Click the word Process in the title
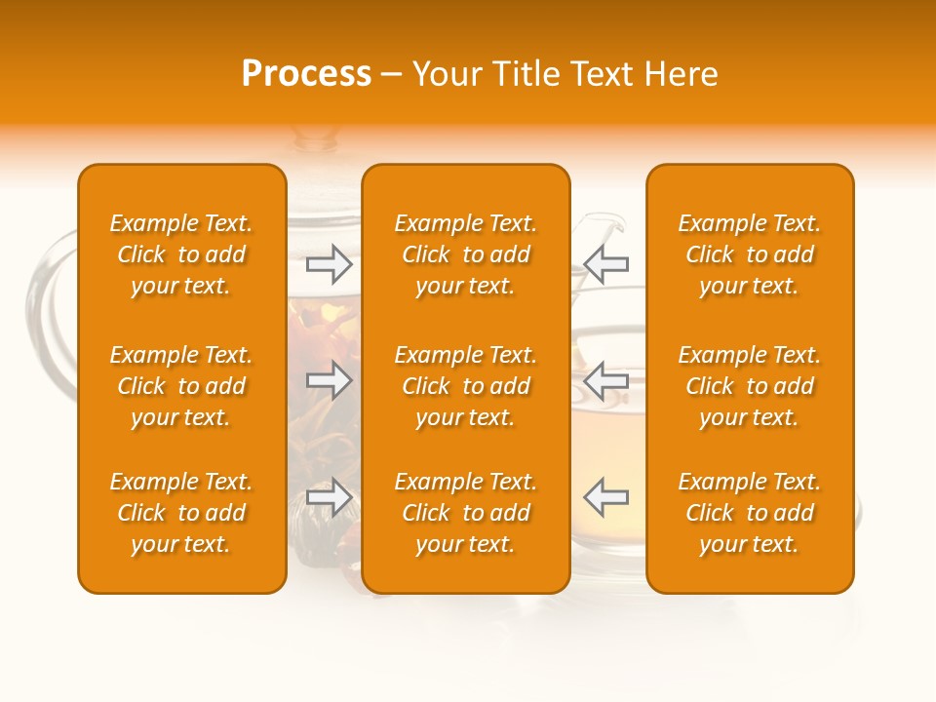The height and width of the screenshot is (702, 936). click(x=306, y=74)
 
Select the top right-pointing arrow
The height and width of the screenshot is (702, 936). click(x=330, y=264)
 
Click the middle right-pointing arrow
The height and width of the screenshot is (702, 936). click(x=330, y=380)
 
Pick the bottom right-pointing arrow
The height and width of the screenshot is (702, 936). click(x=330, y=497)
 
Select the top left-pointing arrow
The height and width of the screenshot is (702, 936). click(x=605, y=264)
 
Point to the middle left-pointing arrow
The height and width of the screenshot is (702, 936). click(x=605, y=380)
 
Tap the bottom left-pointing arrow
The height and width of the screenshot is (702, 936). click(x=605, y=497)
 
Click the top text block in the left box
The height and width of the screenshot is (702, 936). click(x=181, y=254)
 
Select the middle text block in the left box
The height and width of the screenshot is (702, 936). click(x=181, y=386)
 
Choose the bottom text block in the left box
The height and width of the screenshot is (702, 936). click(x=181, y=513)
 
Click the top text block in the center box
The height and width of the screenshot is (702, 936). click(x=466, y=254)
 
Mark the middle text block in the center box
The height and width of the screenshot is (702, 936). click(x=466, y=386)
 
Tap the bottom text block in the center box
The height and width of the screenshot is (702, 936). click(x=466, y=513)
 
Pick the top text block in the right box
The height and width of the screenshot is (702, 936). click(x=750, y=254)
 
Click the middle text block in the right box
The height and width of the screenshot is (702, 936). click(x=750, y=386)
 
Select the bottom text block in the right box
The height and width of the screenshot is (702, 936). click(x=750, y=513)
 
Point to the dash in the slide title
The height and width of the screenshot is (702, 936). click(x=392, y=75)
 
